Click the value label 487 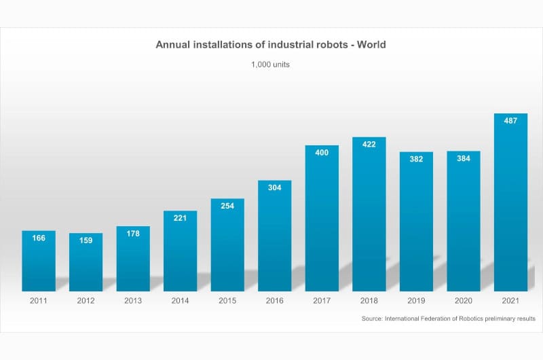tap(510, 121)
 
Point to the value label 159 tap(86, 241)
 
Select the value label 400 tap(322, 153)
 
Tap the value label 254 tap(227, 206)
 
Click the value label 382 tap(416, 159)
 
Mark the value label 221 tap(180, 218)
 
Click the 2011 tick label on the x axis tap(39, 300)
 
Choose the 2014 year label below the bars tap(180, 300)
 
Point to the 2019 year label tap(416, 300)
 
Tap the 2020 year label tap(463, 300)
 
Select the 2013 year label tap(133, 300)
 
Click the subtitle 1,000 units tap(271, 65)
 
